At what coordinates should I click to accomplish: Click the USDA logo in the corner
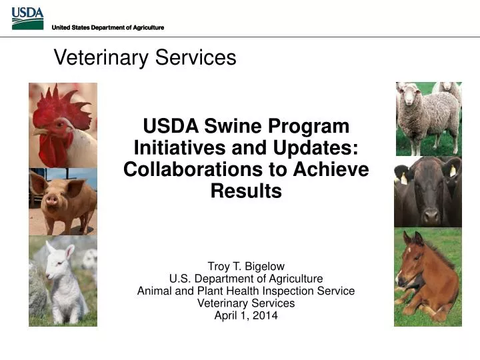[x=27, y=19]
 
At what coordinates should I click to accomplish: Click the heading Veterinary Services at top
[x=145, y=57]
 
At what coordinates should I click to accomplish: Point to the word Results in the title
[x=246, y=191]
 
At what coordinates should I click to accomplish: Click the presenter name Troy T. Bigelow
[x=246, y=266]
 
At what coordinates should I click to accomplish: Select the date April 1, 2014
[x=246, y=315]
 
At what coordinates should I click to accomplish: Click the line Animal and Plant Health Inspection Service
[x=246, y=291]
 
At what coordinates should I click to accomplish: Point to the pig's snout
[x=53, y=199]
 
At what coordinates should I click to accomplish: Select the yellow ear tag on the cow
[x=403, y=178]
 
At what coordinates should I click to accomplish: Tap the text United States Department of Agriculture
[x=107, y=27]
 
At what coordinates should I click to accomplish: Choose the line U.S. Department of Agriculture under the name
[x=246, y=279]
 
